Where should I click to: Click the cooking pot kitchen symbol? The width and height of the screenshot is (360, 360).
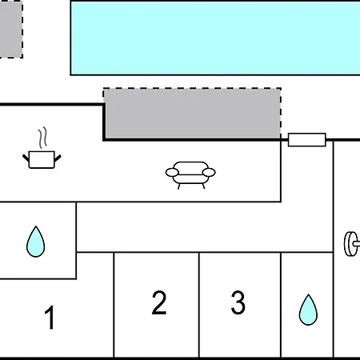(42, 159)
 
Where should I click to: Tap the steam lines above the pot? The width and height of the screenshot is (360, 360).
(42, 138)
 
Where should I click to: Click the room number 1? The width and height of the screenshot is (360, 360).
(50, 318)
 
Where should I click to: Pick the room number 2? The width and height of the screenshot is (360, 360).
(159, 302)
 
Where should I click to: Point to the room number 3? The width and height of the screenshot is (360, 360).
(238, 302)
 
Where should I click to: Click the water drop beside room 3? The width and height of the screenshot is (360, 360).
(308, 310)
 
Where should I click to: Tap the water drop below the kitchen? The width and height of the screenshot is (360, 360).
(36, 242)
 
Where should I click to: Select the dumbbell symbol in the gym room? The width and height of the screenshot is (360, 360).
(352, 244)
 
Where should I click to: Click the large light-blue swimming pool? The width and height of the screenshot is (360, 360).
(215, 38)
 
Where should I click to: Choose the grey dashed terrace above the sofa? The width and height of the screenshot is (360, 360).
(192, 114)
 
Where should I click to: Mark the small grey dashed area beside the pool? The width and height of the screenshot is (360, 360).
(11, 29)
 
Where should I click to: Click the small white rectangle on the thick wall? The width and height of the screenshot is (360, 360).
(307, 140)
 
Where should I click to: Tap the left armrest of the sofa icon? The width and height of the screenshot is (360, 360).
(172, 173)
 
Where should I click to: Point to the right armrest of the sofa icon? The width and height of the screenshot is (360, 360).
(209, 173)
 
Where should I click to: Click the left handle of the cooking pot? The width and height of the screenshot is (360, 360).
(26, 158)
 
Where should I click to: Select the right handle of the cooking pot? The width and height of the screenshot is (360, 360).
(58, 158)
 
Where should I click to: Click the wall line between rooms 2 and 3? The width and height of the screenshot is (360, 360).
(199, 305)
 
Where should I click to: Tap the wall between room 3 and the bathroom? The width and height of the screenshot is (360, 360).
(281, 305)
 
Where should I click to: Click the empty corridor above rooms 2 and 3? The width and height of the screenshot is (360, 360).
(205, 226)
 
